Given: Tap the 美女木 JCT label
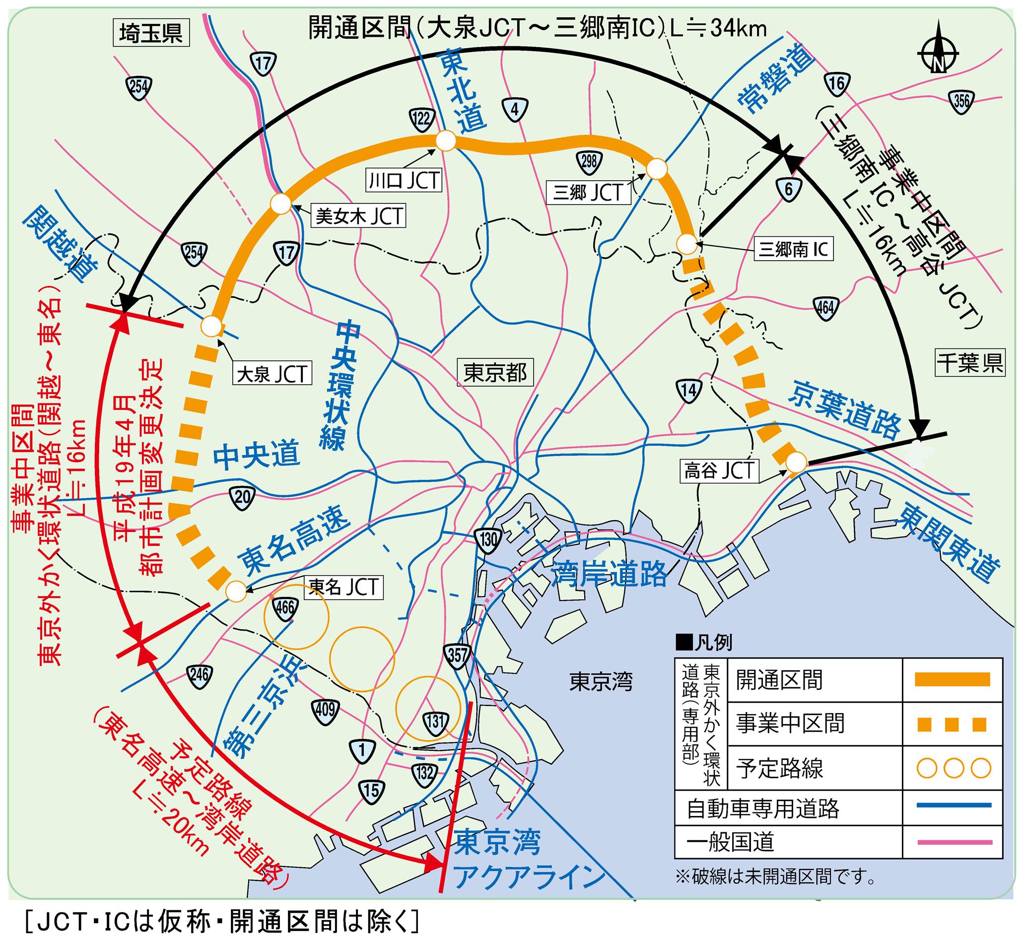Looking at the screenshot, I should pyautogui.click(x=359, y=216).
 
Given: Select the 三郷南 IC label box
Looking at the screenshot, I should pyautogui.click(x=793, y=250).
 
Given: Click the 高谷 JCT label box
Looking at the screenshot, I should pyautogui.click(x=719, y=470).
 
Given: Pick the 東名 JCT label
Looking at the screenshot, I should pyautogui.click(x=343, y=588).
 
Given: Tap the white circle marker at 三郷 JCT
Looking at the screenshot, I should pyautogui.click(x=656, y=169).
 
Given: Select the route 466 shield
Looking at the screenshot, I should pyautogui.click(x=286, y=608).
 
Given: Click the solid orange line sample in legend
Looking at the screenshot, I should pyautogui.click(x=952, y=679).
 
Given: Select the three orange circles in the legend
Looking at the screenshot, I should pyautogui.click(x=952, y=768).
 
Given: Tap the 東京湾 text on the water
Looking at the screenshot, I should pyautogui.click(x=601, y=682).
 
